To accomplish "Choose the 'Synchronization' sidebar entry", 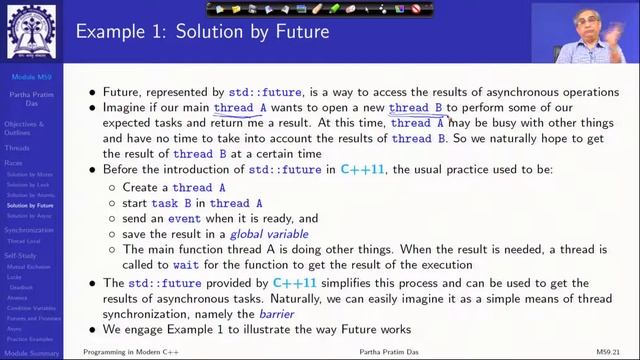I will pyautogui.click(x=29, y=229).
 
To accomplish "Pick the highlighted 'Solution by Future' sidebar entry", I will pyautogui.click(x=30, y=205).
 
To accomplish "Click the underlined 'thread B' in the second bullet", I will pyautogui.click(x=416, y=107).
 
